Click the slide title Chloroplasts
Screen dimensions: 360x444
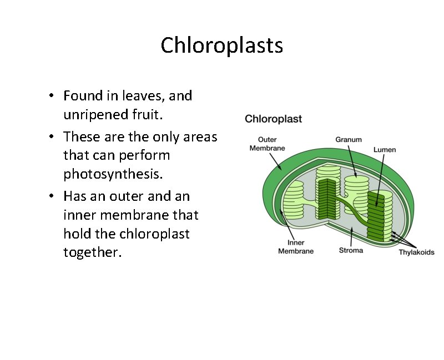tap(221, 45)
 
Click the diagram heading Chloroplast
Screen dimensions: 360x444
tap(273, 119)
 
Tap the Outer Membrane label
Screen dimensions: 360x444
tap(267, 144)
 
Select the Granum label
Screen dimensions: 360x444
tap(349, 140)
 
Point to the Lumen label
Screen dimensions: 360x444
tap(385, 150)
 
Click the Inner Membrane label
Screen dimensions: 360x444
tap(295, 247)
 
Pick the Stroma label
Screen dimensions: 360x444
tap(351, 250)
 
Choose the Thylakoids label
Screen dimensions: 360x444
tap(417, 252)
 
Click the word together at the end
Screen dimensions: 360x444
tap(92, 253)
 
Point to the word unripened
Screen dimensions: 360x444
tap(93, 116)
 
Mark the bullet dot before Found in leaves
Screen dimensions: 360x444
tap(51, 96)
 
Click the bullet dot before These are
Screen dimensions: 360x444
tap(51, 136)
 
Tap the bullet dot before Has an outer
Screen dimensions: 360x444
tap(51, 196)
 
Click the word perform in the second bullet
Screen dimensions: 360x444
tap(144, 155)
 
